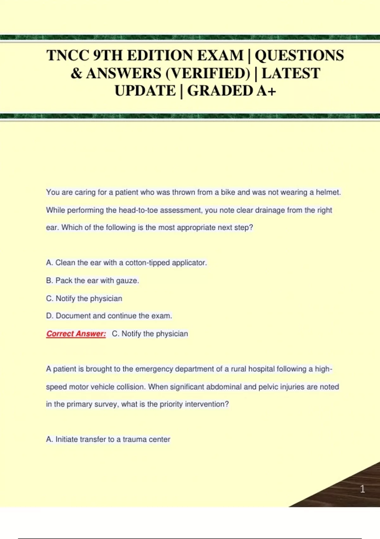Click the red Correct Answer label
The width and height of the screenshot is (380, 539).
pos(76,334)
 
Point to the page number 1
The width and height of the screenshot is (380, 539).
pos(363,489)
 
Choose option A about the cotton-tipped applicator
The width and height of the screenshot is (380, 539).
pos(126,263)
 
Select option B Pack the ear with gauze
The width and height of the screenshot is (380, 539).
pos(92,281)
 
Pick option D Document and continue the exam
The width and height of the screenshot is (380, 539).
pos(109,316)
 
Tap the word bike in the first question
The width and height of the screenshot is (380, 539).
pos(228,192)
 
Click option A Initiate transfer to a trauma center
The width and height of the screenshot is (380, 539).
pos(108,439)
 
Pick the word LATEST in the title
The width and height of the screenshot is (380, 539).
pos(291,74)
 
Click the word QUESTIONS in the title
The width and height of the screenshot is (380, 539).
pos(299,55)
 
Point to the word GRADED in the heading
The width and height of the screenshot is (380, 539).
pos(220,91)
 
